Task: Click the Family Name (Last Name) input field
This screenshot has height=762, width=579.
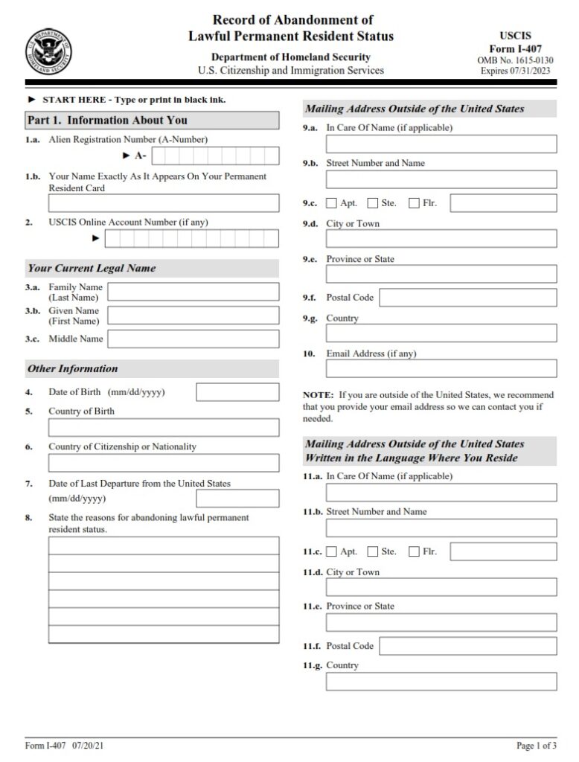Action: [x=193, y=292]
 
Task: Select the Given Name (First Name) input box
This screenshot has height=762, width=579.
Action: [x=193, y=316]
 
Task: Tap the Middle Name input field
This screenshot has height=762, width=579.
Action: [x=193, y=339]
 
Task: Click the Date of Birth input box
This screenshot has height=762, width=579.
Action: [x=237, y=392]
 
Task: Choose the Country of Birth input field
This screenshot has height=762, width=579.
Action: [x=164, y=428]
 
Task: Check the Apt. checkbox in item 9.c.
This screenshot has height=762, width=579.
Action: [x=331, y=204]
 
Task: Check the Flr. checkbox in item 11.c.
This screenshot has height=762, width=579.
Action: [x=414, y=551]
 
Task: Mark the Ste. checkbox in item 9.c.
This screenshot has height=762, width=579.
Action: [x=373, y=204]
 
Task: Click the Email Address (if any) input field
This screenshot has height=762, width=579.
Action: [x=441, y=368]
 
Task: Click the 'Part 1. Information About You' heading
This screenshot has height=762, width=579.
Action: [x=107, y=121]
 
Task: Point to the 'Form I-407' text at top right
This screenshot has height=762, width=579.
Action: [x=515, y=48]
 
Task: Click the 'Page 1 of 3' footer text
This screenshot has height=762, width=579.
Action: [x=536, y=745]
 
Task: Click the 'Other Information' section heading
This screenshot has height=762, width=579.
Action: [x=73, y=368]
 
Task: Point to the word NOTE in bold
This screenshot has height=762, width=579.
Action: [x=317, y=394]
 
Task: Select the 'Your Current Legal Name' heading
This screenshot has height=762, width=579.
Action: [x=92, y=268]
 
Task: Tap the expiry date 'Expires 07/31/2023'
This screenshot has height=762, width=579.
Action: [x=515, y=71]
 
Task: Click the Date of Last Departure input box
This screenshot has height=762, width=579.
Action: [x=237, y=499]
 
